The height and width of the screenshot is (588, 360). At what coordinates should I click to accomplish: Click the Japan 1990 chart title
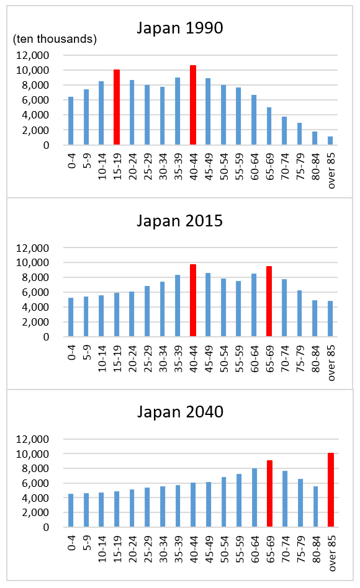pos(180,28)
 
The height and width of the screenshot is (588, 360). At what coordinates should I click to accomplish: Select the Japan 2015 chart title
pos(180,221)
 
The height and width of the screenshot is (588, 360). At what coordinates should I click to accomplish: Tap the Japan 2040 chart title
pos(180,412)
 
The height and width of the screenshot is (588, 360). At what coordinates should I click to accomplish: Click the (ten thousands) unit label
pos(55,39)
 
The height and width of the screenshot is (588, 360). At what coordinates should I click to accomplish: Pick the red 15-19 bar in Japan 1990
pos(117,107)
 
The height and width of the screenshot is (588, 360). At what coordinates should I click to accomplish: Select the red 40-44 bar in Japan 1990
pos(193,105)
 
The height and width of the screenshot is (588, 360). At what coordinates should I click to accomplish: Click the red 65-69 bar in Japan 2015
pos(269,301)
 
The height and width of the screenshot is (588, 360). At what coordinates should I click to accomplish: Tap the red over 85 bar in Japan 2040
pos(331,490)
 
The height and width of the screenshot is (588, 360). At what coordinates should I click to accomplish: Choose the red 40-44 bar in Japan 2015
pos(193,300)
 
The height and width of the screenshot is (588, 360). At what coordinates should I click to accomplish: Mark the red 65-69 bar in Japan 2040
pos(269,494)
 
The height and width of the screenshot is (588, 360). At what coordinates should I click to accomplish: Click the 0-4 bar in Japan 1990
pos(71,121)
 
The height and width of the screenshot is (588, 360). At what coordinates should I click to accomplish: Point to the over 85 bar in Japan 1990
pos(330,141)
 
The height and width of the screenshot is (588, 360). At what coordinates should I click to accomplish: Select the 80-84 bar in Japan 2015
pos(315,318)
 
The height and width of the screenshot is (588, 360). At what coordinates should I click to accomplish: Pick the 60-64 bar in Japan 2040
pos(254,497)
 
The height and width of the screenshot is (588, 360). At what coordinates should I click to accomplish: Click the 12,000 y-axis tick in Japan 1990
pos(33,55)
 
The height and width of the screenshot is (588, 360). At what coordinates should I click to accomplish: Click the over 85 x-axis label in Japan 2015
pos(331,363)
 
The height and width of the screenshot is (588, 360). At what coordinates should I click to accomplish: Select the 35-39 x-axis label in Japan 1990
pos(178,166)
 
